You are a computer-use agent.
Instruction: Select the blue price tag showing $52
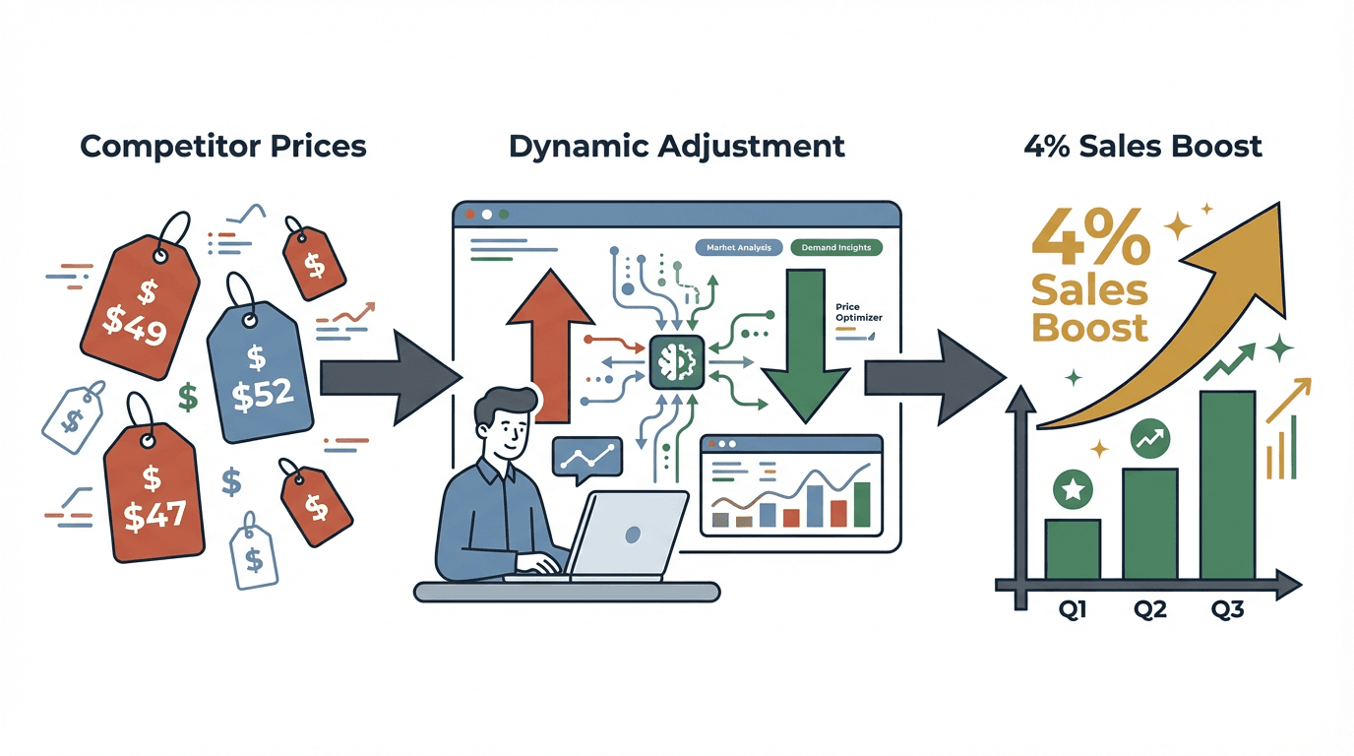pos(259,379)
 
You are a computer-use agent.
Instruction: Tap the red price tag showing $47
pos(153,492)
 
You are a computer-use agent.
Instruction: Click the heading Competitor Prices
pos(223,147)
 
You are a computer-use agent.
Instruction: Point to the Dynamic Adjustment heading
pos(677,147)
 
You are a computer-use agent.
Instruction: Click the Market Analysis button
pos(739,248)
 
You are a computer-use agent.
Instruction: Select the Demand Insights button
pos(835,248)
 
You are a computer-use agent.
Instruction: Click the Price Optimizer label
pos(858,312)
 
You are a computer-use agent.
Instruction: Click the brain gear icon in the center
pos(676,362)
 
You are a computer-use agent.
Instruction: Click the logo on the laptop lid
pos(633,534)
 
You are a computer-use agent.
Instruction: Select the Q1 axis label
pos(1073,610)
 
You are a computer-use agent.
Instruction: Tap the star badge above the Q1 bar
pos(1072,487)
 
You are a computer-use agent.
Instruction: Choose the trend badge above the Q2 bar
pos(1150,438)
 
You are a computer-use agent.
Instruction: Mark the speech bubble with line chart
pos(588,456)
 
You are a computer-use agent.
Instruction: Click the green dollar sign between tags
pos(188,397)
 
